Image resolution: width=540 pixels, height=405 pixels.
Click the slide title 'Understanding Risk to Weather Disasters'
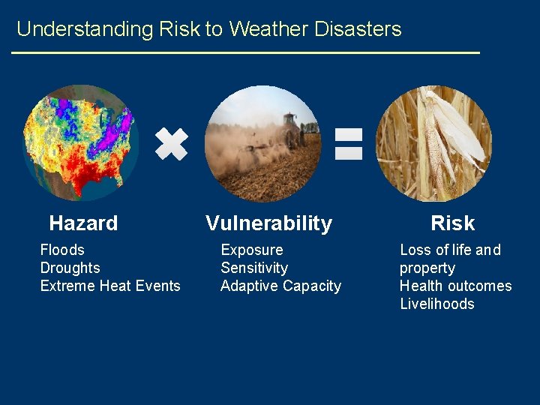(x=208, y=29)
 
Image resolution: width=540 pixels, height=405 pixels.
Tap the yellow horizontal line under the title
(x=245, y=52)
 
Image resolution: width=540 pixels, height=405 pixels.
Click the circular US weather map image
(x=81, y=142)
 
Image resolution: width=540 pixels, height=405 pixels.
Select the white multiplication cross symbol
(x=171, y=143)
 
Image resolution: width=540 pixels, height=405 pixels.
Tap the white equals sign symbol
(x=348, y=143)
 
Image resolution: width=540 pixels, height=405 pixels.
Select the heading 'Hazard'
(x=83, y=223)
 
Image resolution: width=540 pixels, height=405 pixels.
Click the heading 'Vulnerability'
(x=268, y=223)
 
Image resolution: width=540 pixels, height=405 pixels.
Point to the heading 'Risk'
(x=452, y=223)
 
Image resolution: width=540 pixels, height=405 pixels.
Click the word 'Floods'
(x=62, y=250)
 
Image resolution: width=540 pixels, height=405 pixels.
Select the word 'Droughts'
(x=70, y=268)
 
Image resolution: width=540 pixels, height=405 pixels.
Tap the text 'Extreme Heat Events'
(x=110, y=286)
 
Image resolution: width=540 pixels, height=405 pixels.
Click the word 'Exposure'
(x=251, y=250)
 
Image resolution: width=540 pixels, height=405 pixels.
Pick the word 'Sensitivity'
(x=253, y=268)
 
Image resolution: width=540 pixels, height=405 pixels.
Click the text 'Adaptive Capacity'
(x=280, y=286)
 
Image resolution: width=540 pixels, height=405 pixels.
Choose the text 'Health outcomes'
(x=455, y=286)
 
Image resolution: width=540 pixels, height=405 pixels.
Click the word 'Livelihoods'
(x=436, y=304)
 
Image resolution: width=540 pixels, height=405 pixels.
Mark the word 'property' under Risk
(x=427, y=268)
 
